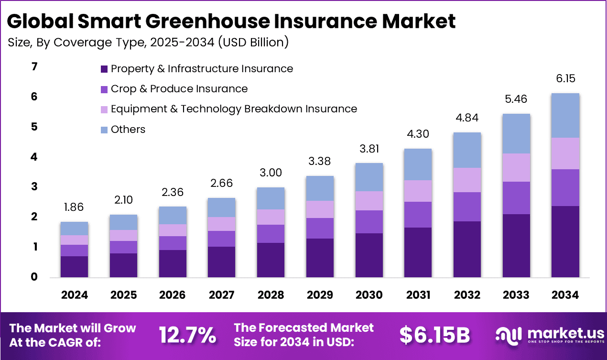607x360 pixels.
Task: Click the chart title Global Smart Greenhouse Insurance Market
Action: click(x=231, y=21)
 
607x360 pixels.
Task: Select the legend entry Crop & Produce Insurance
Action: click(x=179, y=89)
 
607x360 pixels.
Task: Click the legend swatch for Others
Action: click(x=104, y=130)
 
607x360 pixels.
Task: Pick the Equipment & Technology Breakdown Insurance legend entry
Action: click(x=234, y=109)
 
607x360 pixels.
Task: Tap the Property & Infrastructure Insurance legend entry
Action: click(x=202, y=69)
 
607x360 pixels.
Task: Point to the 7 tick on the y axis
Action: click(x=34, y=67)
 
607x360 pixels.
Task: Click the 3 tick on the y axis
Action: click(x=34, y=187)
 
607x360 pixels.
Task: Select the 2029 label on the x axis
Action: click(x=320, y=295)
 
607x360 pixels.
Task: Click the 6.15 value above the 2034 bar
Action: click(x=565, y=79)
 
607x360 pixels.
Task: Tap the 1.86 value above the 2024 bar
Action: click(x=74, y=207)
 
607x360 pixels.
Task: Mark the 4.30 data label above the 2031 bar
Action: click(x=418, y=135)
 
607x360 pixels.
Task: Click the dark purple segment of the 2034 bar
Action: click(x=565, y=241)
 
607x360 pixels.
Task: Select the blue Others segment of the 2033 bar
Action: click(x=516, y=134)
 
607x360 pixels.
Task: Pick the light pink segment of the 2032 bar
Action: click(x=467, y=180)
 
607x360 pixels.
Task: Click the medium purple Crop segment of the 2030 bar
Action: click(x=369, y=222)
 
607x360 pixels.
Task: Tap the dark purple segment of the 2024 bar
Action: click(x=74, y=266)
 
